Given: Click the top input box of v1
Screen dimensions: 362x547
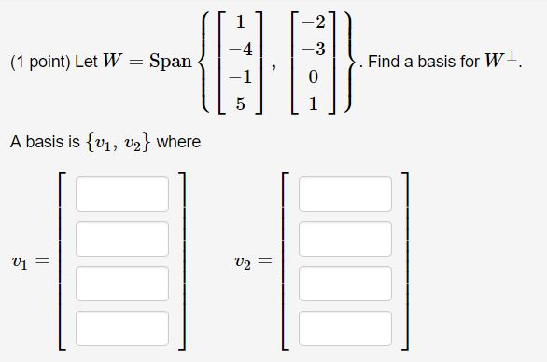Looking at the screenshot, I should pyautogui.click(x=122, y=194).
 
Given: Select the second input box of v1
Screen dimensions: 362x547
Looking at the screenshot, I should pyautogui.click(x=122, y=238).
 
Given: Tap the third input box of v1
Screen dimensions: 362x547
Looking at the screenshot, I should pyautogui.click(x=122, y=283).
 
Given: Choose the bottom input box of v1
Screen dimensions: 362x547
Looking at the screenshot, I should pyautogui.click(x=122, y=327).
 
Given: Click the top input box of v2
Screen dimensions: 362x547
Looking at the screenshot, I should pyautogui.click(x=345, y=194).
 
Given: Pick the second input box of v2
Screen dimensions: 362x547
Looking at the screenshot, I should pyautogui.click(x=345, y=238).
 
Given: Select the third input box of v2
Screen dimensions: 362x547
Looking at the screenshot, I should pyautogui.click(x=345, y=283).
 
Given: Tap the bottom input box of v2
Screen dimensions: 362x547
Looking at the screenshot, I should pyautogui.click(x=345, y=327).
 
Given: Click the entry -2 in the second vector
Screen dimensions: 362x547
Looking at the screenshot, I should pyautogui.click(x=316, y=17).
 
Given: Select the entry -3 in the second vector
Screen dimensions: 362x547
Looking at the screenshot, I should pyautogui.click(x=316, y=47).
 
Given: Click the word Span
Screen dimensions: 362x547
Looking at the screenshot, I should pyautogui.click(x=170, y=63).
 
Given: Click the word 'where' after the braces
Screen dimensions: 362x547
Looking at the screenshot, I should pyautogui.click(x=178, y=143).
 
